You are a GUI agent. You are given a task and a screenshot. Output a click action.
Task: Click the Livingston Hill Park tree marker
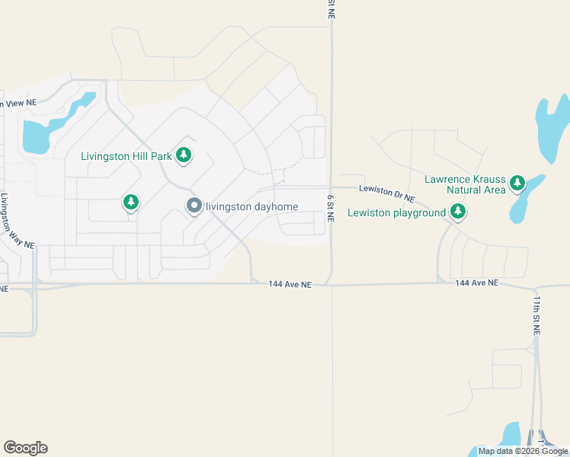[x=183, y=155]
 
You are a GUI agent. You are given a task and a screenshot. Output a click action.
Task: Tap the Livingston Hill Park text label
[x=127, y=156]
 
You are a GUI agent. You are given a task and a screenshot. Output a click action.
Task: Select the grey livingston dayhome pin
[x=194, y=205]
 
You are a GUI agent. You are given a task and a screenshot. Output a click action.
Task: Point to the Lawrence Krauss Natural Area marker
[x=518, y=182]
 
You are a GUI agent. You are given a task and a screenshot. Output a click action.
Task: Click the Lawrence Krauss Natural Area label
[x=465, y=184]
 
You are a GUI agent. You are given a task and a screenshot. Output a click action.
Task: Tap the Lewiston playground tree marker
[x=457, y=212]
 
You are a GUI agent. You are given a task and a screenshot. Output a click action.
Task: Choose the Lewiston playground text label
[x=396, y=213]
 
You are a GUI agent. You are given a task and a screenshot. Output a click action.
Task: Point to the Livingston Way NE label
[x=18, y=220]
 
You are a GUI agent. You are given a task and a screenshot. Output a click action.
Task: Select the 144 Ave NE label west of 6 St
[x=290, y=284]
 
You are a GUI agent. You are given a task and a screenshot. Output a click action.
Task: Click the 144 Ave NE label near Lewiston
[x=476, y=283]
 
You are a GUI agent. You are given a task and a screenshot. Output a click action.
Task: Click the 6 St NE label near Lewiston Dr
[x=331, y=207]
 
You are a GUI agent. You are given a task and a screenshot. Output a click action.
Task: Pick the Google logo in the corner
[x=25, y=448]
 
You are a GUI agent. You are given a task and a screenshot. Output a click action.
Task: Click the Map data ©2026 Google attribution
[x=523, y=451]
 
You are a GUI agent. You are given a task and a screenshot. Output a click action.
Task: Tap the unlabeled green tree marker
[x=132, y=202]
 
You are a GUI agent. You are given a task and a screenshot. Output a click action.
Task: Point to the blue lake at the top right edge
[x=552, y=126]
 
